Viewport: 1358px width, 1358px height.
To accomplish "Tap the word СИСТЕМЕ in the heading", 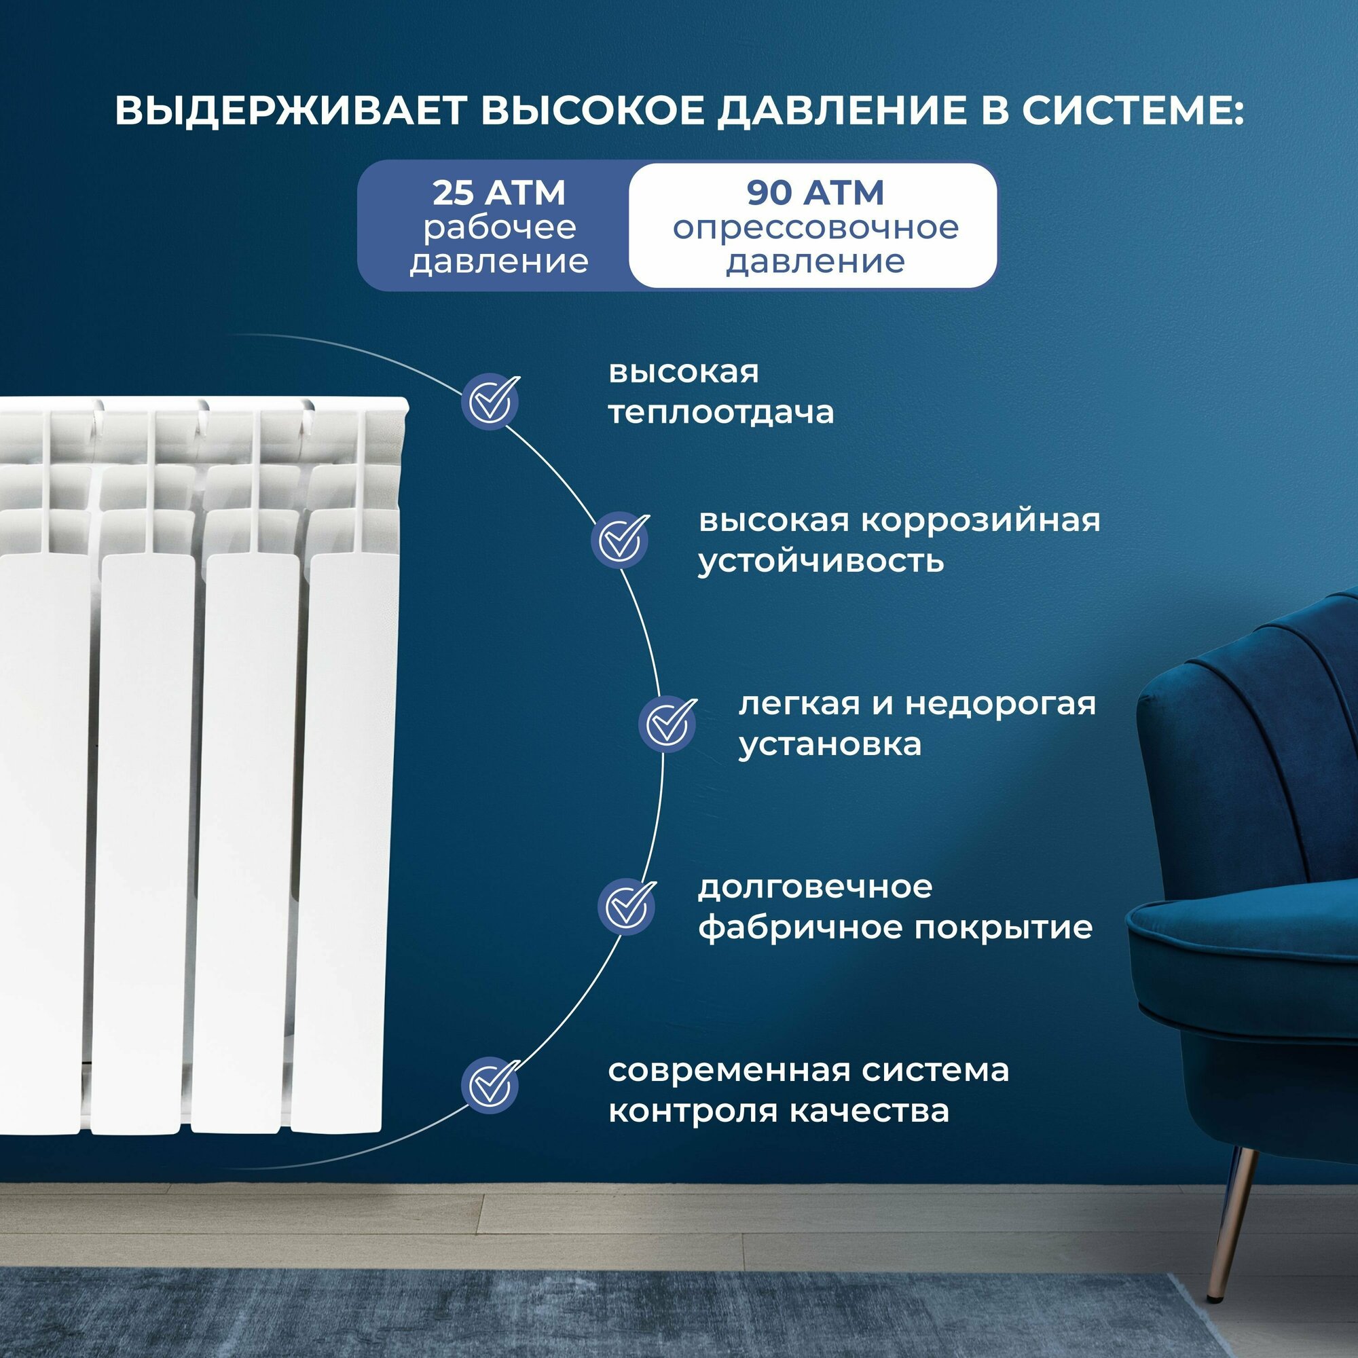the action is [x=1132, y=111].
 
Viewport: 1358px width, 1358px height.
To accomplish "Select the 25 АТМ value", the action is [x=498, y=194].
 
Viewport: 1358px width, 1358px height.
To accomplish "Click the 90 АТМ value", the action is [x=815, y=194].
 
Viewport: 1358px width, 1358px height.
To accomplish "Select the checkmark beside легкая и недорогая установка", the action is [x=667, y=724].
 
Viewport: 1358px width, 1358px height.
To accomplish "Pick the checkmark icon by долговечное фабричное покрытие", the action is [x=627, y=906].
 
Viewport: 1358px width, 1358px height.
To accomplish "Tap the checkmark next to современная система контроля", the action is [x=491, y=1085].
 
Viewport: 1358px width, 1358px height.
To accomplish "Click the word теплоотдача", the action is [x=720, y=413].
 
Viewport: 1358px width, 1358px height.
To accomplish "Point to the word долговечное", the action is [x=815, y=887].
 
